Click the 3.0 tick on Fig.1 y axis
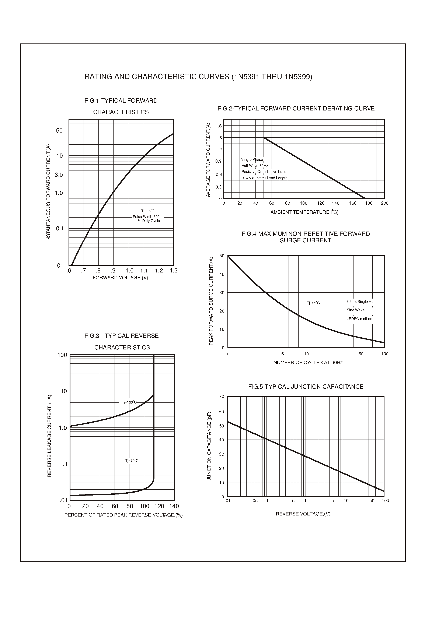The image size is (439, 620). pyautogui.click(x=59, y=175)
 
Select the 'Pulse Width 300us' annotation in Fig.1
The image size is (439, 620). pyautogui.click(x=148, y=217)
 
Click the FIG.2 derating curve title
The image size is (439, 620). pyautogui.click(x=296, y=109)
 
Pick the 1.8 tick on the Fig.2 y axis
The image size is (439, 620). pyautogui.click(x=218, y=126)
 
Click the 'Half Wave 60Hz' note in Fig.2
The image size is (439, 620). pyautogui.click(x=255, y=166)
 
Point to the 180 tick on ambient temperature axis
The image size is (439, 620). pyautogui.click(x=369, y=203)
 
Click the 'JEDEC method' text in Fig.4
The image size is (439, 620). pyautogui.click(x=359, y=319)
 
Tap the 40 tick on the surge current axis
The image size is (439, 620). pyautogui.click(x=222, y=274)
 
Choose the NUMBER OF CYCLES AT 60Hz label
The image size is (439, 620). pyautogui.click(x=308, y=363)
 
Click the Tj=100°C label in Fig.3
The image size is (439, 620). pyautogui.click(x=129, y=402)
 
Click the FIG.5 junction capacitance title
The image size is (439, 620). pyautogui.click(x=306, y=387)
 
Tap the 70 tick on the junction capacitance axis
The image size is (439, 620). pyautogui.click(x=222, y=397)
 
